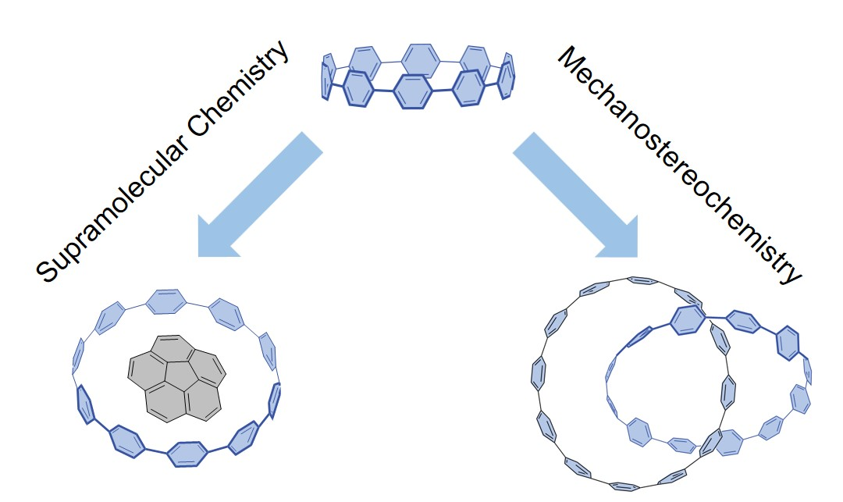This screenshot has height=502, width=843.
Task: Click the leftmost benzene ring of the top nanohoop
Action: click(329, 76)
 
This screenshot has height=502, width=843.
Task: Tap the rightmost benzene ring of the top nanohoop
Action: click(508, 76)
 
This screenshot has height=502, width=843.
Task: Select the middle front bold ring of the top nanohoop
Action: click(413, 93)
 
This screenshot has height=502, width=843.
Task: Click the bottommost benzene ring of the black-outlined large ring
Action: click(624, 486)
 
